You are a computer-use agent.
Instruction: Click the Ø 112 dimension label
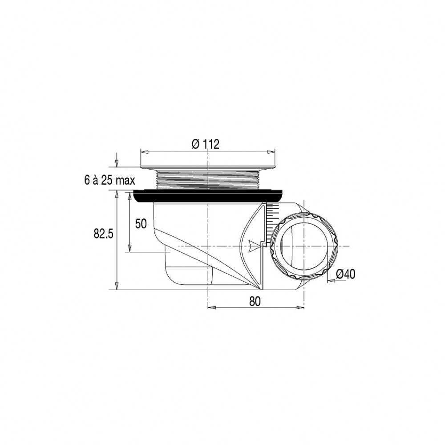click(x=206, y=145)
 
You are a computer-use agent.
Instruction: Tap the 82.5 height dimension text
click(x=104, y=234)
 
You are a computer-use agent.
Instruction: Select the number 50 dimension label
click(x=141, y=224)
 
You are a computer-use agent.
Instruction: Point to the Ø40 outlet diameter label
click(x=345, y=274)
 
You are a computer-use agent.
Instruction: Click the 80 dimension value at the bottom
click(x=255, y=301)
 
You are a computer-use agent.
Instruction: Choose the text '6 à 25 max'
click(x=110, y=181)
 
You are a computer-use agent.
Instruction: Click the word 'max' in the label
click(x=125, y=181)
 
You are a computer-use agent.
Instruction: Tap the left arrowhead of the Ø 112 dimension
click(x=144, y=152)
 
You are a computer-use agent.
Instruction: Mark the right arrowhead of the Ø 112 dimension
click(x=271, y=152)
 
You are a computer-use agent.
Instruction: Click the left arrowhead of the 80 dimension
click(x=212, y=307)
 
